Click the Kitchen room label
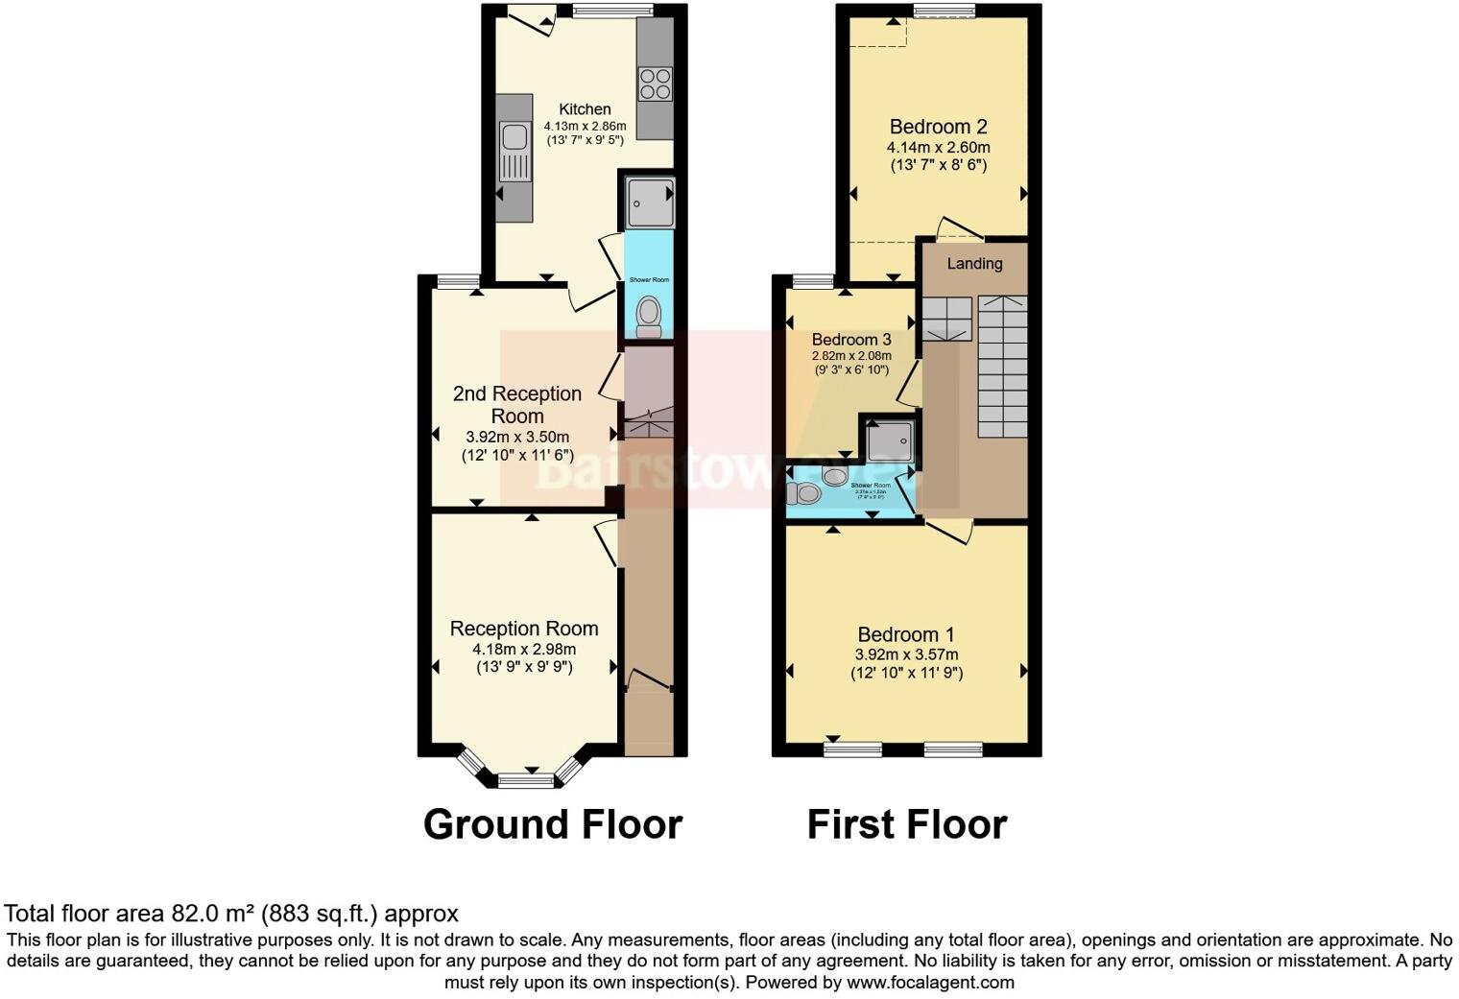click(585, 109)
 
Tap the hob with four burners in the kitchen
click(656, 83)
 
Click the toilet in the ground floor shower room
click(650, 315)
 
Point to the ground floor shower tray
click(650, 202)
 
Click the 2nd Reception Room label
click(517, 405)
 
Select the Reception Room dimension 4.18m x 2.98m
click(524, 650)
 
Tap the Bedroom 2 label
click(938, 127)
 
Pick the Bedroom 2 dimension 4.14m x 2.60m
click(938, 148)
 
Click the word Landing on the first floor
click(974, 264)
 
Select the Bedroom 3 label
click(851, 340)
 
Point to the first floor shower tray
click(889, 440)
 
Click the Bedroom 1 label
click(906, 634)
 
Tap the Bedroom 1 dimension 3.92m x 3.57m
click(906, 655)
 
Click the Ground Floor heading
click(552, 824)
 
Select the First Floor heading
click(906, 824)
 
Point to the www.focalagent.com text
click(930, 983)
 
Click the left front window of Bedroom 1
click(852, 749)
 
